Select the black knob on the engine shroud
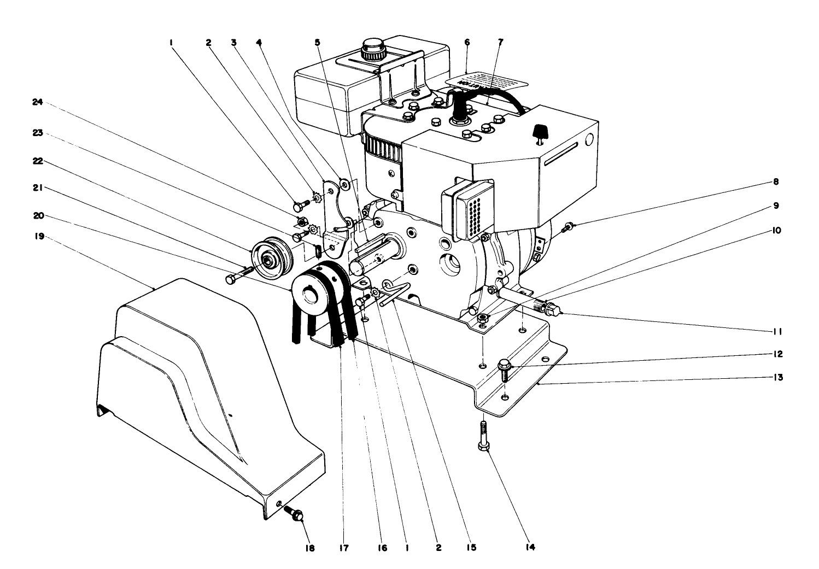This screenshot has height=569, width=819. click(x=540, y=132)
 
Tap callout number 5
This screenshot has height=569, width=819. click(x=318, y=42)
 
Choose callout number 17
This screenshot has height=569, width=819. click(x=342, y=548)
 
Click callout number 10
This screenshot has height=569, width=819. click(x=776, y=231)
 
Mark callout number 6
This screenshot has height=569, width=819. click(x=466, y=42)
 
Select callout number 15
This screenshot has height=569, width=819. click(x=472, y=548)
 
